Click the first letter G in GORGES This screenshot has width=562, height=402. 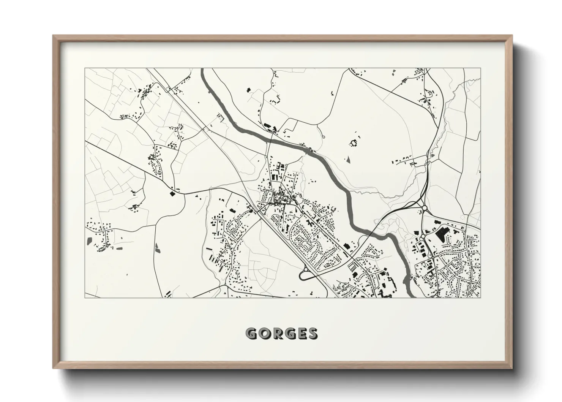tap(252, 334)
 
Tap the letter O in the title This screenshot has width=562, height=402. tap(265, 334)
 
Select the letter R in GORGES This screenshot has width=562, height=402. tap(277, 334)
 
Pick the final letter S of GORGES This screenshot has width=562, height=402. tap(313, 334)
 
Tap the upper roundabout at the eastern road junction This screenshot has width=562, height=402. tap(424, 208)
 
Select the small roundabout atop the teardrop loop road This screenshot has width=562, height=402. tap(306, 269)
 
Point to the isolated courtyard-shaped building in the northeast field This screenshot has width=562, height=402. tap(355, 143)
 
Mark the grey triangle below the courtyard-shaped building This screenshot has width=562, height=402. tap(347, 160)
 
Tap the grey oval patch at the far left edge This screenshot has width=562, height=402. tap(89, 240)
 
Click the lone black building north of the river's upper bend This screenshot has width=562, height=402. tap(249, 90)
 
